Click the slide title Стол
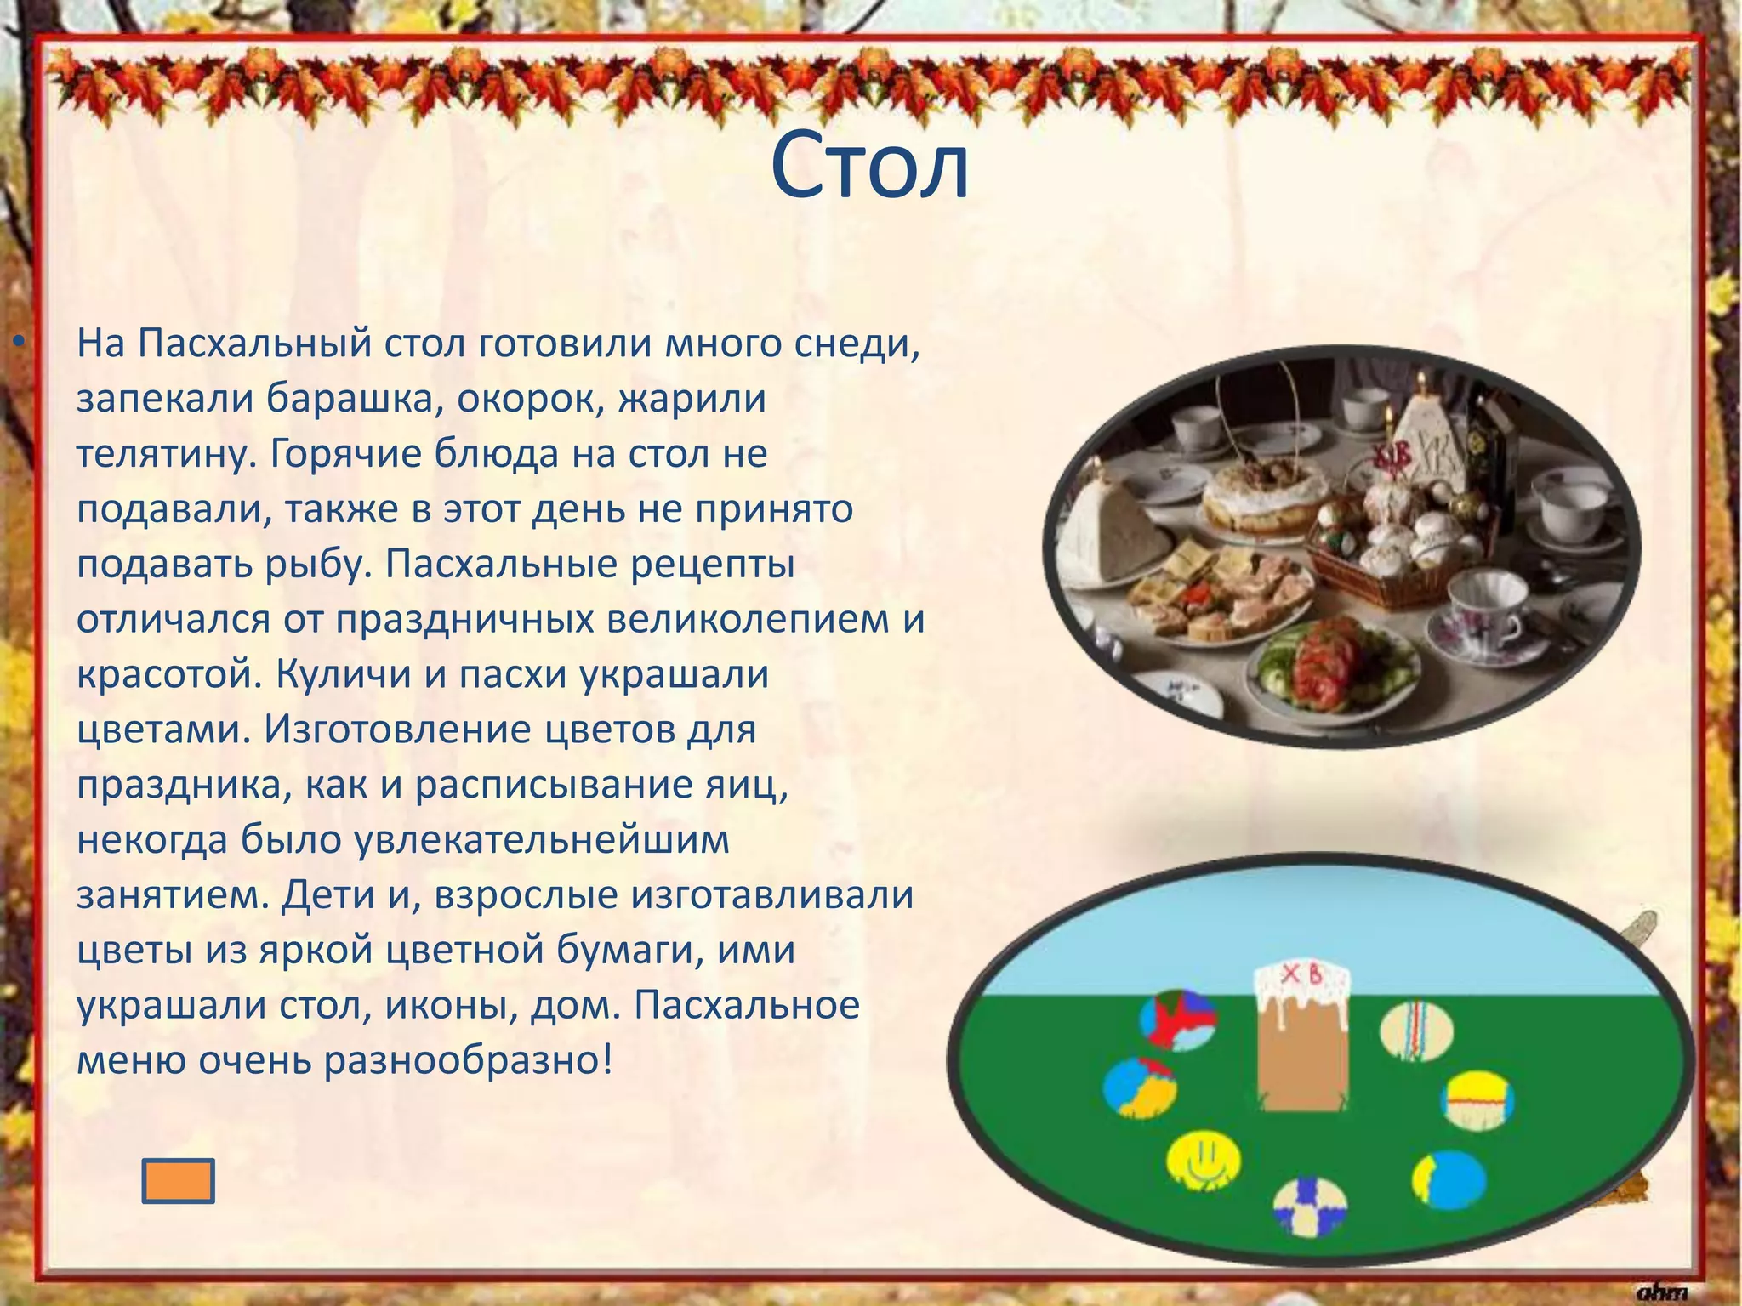pyautogui.click(x=869, y=168)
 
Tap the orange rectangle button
pyautogui.click(x=178, y=1181)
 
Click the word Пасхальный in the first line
pyautogui.click(x=255, y=344)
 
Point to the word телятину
pyautogui.click(x=166, y=455)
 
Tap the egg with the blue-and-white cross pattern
pyautogui.click(x=1310, y=1205)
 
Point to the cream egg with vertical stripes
pyautogui.click(x=1415, y=1030)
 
